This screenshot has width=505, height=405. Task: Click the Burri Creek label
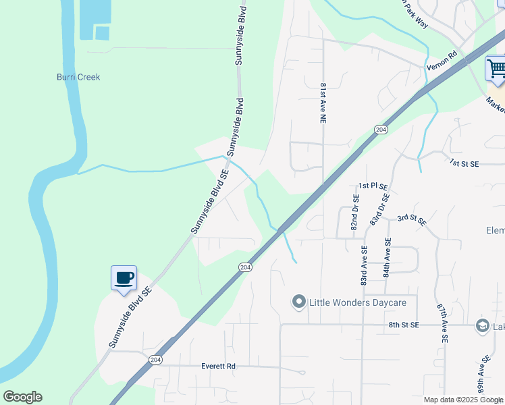(78, 77)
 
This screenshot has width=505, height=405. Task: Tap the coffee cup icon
(124, 278)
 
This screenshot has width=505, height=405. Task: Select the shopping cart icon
(496, 68)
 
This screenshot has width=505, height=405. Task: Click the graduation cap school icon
(482, 326)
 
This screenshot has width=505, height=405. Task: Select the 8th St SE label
(404, 325)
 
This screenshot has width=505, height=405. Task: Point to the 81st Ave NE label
(323, 103)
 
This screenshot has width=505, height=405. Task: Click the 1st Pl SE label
(373, 186)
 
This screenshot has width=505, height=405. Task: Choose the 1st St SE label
(464, 163)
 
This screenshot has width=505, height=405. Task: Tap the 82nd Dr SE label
(354, 213)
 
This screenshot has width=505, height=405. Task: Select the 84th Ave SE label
(387, 257)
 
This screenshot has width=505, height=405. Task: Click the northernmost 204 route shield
(380, 129)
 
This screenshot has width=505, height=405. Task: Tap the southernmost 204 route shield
(156, 359)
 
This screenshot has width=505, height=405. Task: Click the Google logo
(22, 397)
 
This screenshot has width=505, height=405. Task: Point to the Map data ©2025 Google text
(463, 400)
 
